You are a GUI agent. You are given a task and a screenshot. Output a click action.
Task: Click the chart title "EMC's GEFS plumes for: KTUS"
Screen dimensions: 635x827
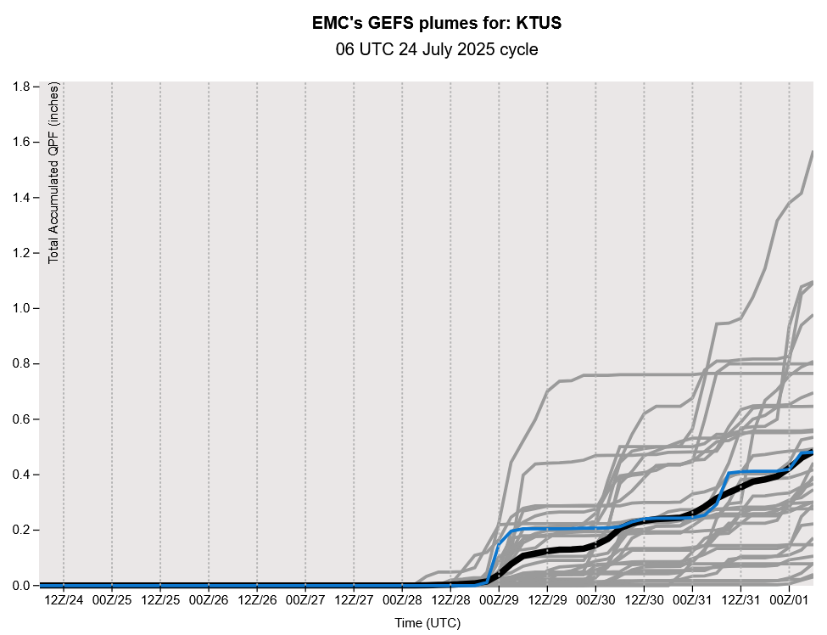(437, 24)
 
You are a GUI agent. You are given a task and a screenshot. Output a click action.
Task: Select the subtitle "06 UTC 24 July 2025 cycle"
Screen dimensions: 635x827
(437, 50)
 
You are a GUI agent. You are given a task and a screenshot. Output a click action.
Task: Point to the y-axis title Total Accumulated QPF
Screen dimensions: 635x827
(53, 173)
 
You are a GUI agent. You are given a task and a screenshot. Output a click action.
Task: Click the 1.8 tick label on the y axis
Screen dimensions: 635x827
(22, 87)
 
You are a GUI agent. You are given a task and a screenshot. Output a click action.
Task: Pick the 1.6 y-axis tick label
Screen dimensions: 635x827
(22, 142)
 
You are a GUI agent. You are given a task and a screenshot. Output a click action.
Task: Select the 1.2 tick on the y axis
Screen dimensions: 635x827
(22, 253)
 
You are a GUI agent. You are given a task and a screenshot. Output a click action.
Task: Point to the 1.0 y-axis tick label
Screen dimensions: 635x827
(22, 308)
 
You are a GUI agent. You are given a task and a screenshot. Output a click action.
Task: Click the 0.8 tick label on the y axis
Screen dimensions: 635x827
(22, 363)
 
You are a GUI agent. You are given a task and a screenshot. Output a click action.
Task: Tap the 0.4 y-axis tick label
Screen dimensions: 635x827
(22, 475)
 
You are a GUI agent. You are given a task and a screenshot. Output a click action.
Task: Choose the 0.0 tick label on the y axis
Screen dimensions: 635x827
(22, 585)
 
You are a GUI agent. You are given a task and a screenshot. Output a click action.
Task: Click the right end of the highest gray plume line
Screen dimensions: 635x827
(813, 152)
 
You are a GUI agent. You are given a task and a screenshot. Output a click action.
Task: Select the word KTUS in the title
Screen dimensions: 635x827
(539, 24)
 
